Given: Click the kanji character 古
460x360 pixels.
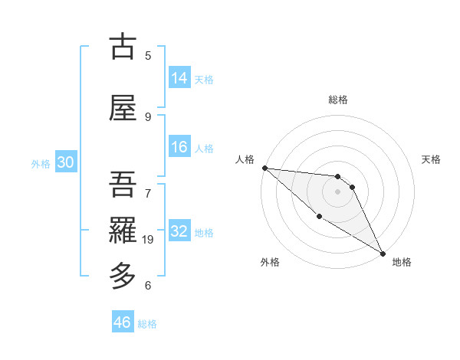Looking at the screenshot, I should pyautogui.click(x=123, y=47).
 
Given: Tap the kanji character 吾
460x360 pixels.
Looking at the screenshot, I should pyautogui.click(x=123, y=184).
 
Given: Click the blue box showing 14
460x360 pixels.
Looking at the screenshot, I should pyautogui.click(x=179, y=78).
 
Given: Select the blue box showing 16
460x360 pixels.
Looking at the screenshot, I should pyautogui.click(x=179, y=147).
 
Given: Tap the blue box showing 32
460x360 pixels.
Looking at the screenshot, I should pyautogui.click(x=179, y=231).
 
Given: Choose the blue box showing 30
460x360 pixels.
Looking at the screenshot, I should pyautogui.click(x=65, y=162).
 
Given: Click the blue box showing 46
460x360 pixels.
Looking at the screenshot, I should pyautogui.click(x=123, y=322).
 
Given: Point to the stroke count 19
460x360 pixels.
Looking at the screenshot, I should pyautogui.click(x=148, y=240).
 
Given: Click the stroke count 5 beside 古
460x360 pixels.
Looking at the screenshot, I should pyautogui.click(x=148, y=55).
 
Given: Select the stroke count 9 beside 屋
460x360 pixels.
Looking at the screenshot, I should pyautogui.click(x=148, y=117).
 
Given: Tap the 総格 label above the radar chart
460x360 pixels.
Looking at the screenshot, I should pyautogui.click(x=338, y=100).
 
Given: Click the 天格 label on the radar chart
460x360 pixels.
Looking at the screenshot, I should pyautogui.click(x=431, y=159).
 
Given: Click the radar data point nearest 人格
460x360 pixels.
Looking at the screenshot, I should pyautogui.click(x=264, y=168).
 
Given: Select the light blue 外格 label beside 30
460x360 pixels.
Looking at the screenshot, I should pyautogui.click(x=40, y=163).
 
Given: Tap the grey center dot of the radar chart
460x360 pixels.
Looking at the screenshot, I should pyautogui.click(x=338, y=191).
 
